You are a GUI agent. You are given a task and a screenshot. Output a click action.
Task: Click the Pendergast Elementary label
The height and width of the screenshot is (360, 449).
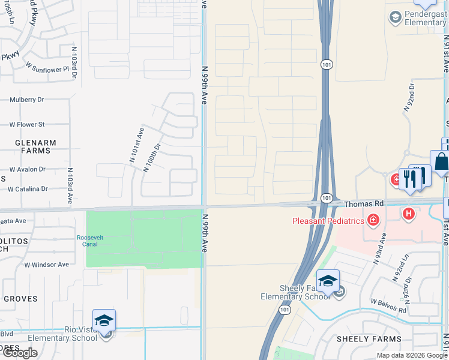pyautogui.click(x=425, y=18)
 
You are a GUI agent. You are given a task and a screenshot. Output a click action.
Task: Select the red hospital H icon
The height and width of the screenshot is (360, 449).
pyautogui.click(x=409, y=213)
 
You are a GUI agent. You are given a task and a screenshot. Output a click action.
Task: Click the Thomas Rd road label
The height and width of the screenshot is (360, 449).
pyautogui.click(x=364, y=204)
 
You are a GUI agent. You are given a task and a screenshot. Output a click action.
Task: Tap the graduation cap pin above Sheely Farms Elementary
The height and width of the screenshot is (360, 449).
pyautogui.click(x=328, y=281)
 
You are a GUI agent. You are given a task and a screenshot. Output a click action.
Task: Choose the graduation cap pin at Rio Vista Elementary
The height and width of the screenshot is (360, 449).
pyautogui.click(x=104, y=320)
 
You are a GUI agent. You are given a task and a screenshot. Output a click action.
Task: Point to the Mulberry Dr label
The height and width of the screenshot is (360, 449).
pyautogui.click(x=27, y=100)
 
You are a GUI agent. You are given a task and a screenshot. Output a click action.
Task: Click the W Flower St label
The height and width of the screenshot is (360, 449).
pyautogui.click(x=27, y=125)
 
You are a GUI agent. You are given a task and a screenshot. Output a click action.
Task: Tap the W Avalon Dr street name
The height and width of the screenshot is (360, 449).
pyautogui.click(x=26, y=169)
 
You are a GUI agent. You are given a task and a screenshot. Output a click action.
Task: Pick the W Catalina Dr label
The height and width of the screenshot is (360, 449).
pyautogui.click(x=28, y=189)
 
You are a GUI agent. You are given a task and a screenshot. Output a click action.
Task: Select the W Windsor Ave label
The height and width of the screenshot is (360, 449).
pyautogui.click(x=47, y=265)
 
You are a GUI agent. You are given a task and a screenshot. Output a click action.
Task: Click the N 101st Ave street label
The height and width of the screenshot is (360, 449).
pyautogui.click(x=137, y=144)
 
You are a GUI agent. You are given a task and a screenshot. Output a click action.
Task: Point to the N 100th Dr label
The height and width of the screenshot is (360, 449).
pyautogui.click(x=152, y=157)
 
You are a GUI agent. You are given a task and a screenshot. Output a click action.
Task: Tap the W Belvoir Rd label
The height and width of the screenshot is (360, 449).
pyautogui.click(x=388, y=306)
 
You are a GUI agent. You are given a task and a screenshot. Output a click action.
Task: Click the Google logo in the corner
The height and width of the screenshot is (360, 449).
pyautogui.click(x=20, y=353)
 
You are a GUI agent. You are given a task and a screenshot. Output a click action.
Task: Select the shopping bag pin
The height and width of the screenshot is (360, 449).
pyautogui.click(x=441, y=162)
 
